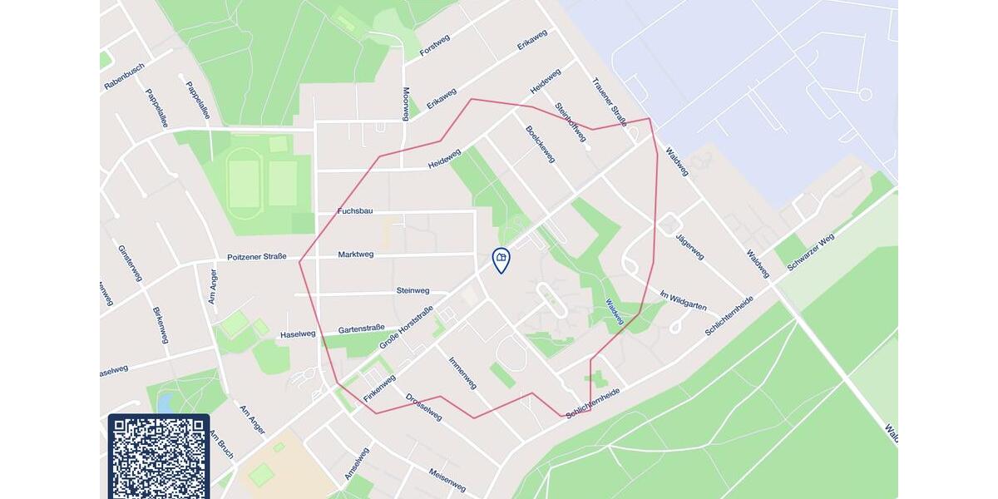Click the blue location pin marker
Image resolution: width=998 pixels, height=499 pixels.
pos(501,260)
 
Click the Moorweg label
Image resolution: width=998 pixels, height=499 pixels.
pos(406,104)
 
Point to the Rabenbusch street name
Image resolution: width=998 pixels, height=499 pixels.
pos(124,77)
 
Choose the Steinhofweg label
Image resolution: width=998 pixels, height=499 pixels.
pos(571,122)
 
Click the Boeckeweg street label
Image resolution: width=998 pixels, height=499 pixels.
pos(541,143)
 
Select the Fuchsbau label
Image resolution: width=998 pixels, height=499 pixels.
pos(355,211)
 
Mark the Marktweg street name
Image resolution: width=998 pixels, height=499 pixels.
pos(356,254)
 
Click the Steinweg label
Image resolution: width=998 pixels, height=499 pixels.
pos(413,291)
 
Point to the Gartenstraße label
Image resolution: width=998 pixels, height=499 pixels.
pos(361,328)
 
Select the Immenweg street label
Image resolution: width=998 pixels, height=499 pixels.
pos(462,373)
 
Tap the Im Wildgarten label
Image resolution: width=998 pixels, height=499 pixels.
pos(682,301)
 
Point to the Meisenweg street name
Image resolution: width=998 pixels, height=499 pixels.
pos(447,479)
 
